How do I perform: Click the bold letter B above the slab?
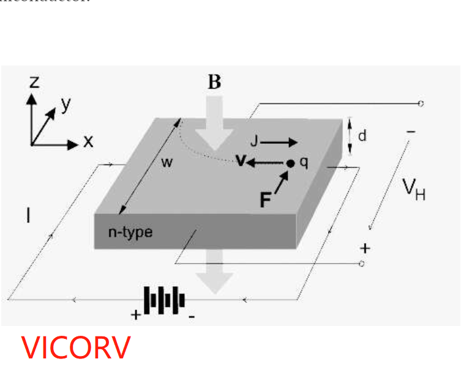[214, 82]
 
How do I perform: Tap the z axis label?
[35, 82]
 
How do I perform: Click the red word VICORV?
[76, 347]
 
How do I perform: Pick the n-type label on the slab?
[130, 232]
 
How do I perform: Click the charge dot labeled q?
[291, 163]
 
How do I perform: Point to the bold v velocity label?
[241, 161]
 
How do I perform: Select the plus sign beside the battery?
[135, 316]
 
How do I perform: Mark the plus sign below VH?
[365, 248]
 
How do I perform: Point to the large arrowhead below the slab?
[214, 282]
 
